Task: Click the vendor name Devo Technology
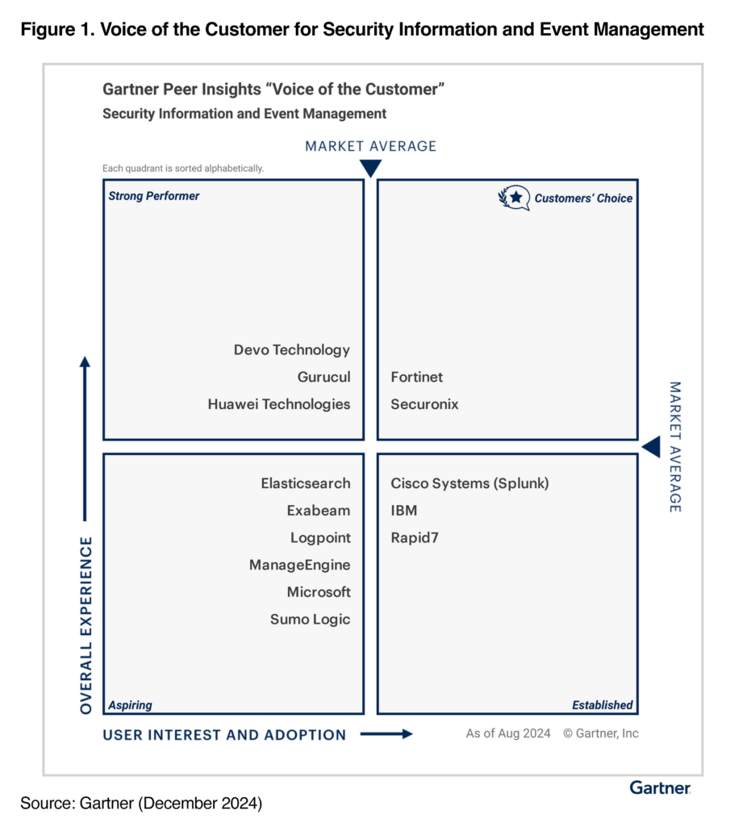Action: (x=292, y=350)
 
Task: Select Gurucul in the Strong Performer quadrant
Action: (x=323, y=377)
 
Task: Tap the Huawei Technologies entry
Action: (x=279, y=404)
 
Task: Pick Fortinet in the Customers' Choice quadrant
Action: (x=416, y=377)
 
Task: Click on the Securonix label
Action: (x=424, y=404)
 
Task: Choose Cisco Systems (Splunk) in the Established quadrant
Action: (x=469, y=483)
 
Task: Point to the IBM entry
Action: (x=404, y=511)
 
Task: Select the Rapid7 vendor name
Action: (x=415, y=538)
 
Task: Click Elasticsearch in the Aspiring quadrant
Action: (x=306, y=483)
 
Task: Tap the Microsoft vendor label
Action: (x=319, y=592)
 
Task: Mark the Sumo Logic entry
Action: (x=310, y=620)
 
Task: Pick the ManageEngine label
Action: (x=299, y=565)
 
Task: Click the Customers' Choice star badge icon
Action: (x=514, y=198)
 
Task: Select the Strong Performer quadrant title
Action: (x=154, y=196)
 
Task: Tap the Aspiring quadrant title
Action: (x=130, y=705)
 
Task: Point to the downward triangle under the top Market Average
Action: (x=370, y=168)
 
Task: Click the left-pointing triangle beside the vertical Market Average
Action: (x=653, y=447)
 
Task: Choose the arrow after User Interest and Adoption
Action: (x=386, y=734)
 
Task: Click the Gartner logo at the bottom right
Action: (x=661, y=787)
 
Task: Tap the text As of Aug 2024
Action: (x=508, y=733)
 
